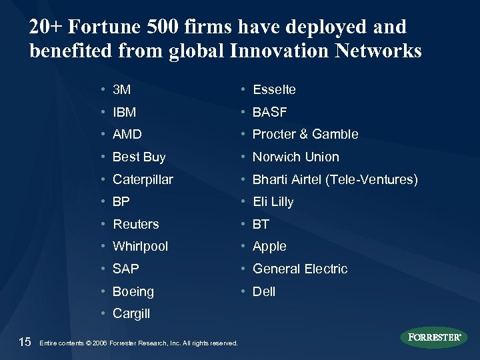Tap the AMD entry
(x=127, y=135)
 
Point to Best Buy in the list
(x=139, y=157)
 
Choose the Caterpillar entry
(x=143, y=180)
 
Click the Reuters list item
(x=136, y=224)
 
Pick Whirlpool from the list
(x=141, y=247)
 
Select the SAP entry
(x=127, y=269)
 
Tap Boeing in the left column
(x=133, y=292)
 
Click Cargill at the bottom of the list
(x=132, y=314)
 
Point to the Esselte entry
(x=274, y=89)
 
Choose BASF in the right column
(x=269, y=112)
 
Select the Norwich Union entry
(x=295, y=157)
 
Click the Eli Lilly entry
(x=273, y=202)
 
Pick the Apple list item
(x=269, y=247)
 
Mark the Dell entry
(x=264, y=292)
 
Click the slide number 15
(x=25, y=342)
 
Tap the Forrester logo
(x=434, y=337)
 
